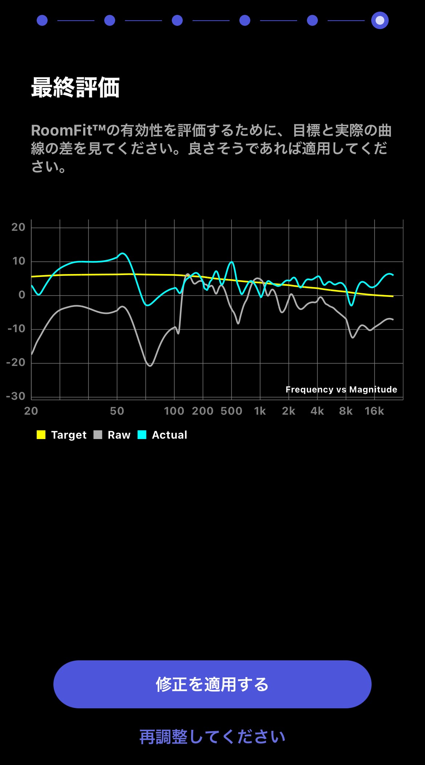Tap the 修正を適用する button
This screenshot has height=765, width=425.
tap(212, 684)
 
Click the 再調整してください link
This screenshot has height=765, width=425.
tap(212, 737)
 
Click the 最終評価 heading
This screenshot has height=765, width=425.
tap(75, 88)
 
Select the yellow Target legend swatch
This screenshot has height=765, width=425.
tap(41, 435)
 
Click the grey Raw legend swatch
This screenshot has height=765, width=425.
tap(98, 435)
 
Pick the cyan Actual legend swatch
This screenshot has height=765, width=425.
tap(142, 435)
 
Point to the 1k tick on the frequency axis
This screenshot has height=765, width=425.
tap(260, 411)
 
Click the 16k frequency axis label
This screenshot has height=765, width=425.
tap(374, 411)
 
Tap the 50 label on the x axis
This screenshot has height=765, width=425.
tap(117, 411)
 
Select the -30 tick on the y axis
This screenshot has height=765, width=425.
tap(16, 396)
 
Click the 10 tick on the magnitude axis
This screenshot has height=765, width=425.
tap(19, 261)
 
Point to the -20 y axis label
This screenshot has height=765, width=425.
tap(16, 362)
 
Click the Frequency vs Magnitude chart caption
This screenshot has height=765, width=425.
tap(341, 390)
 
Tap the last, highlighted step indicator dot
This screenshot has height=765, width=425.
tap(380, 20)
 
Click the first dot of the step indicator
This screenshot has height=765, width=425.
tap(42, 20)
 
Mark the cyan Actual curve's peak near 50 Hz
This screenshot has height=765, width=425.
tap(122, 253)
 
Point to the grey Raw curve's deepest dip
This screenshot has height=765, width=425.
tap(150, 366)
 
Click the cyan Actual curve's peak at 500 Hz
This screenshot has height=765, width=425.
tap(232, 262)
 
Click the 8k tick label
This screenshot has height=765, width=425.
tap(346, 411)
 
